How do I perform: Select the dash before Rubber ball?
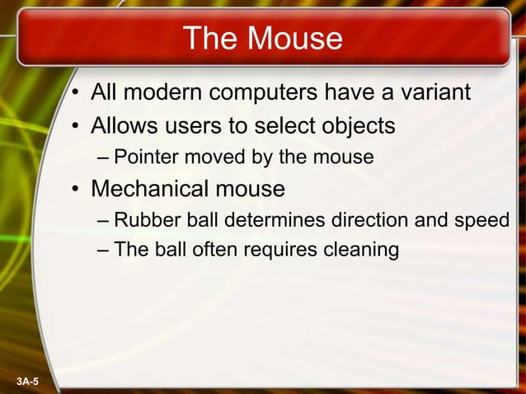pos(101,221)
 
